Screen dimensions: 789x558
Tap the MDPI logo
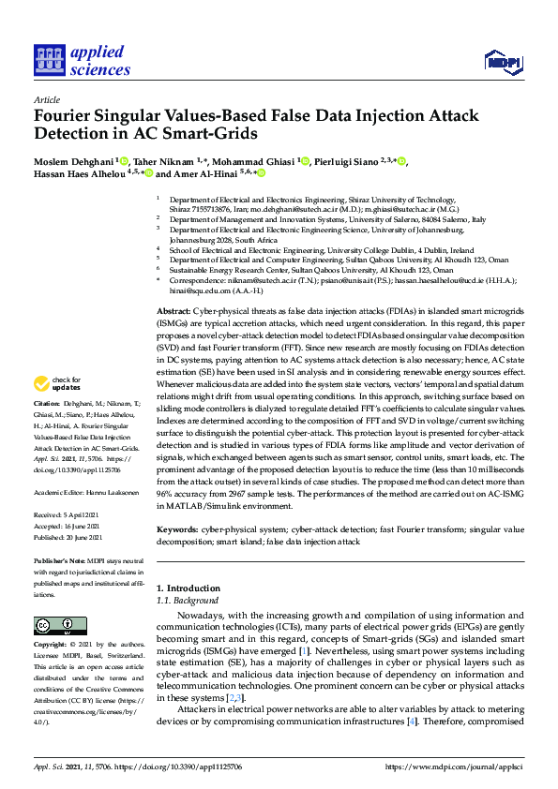tap(500, 62)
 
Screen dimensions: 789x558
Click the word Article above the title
tap(46, 99)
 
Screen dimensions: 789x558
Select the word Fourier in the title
tap(68, 117)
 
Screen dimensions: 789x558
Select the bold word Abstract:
tap(173, 284)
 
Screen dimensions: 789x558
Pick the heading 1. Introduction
tap(187, 588)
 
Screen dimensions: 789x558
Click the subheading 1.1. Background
tap(188, 600)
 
